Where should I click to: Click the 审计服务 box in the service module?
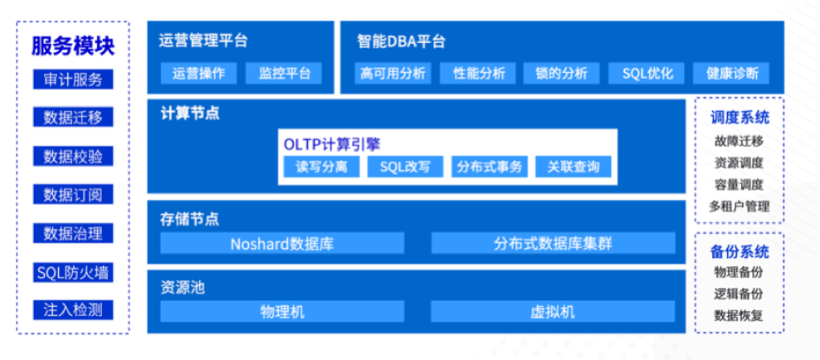73,80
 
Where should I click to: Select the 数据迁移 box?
73,118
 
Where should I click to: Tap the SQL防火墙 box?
73,272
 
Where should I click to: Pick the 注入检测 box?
73,310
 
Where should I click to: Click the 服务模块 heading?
73,46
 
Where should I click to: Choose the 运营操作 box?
198,73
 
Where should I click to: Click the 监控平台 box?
284,73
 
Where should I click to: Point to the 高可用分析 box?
393,73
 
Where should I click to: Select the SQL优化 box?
647,73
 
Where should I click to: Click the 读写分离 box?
322,167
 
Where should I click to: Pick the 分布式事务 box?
490,167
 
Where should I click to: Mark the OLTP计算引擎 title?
332,144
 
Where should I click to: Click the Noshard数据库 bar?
282,243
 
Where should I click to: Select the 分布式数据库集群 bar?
554,243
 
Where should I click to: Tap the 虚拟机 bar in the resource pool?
554,312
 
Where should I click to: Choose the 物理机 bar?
282,312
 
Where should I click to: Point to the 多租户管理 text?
739,207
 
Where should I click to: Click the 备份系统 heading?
739,252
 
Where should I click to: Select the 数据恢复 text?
739,315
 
